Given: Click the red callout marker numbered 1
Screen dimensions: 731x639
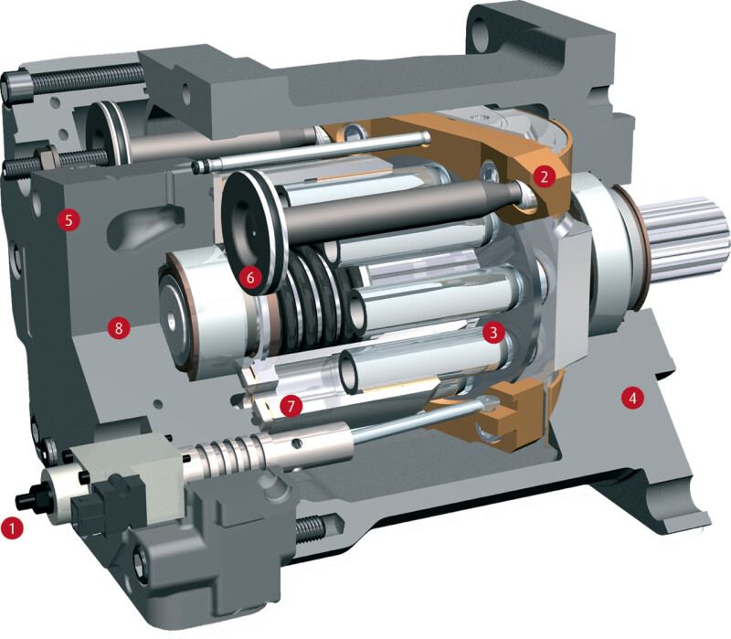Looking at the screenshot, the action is coord(12,528).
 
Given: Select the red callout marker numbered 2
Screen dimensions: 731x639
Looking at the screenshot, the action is coord(545,176).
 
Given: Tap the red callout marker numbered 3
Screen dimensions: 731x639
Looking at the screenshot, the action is coord(493,332).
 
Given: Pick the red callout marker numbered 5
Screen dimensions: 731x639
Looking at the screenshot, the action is coord(69,219).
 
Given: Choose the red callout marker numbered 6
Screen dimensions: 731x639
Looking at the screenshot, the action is coord(250,278).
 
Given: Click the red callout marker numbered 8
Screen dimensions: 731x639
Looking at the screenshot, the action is coord(119,327).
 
